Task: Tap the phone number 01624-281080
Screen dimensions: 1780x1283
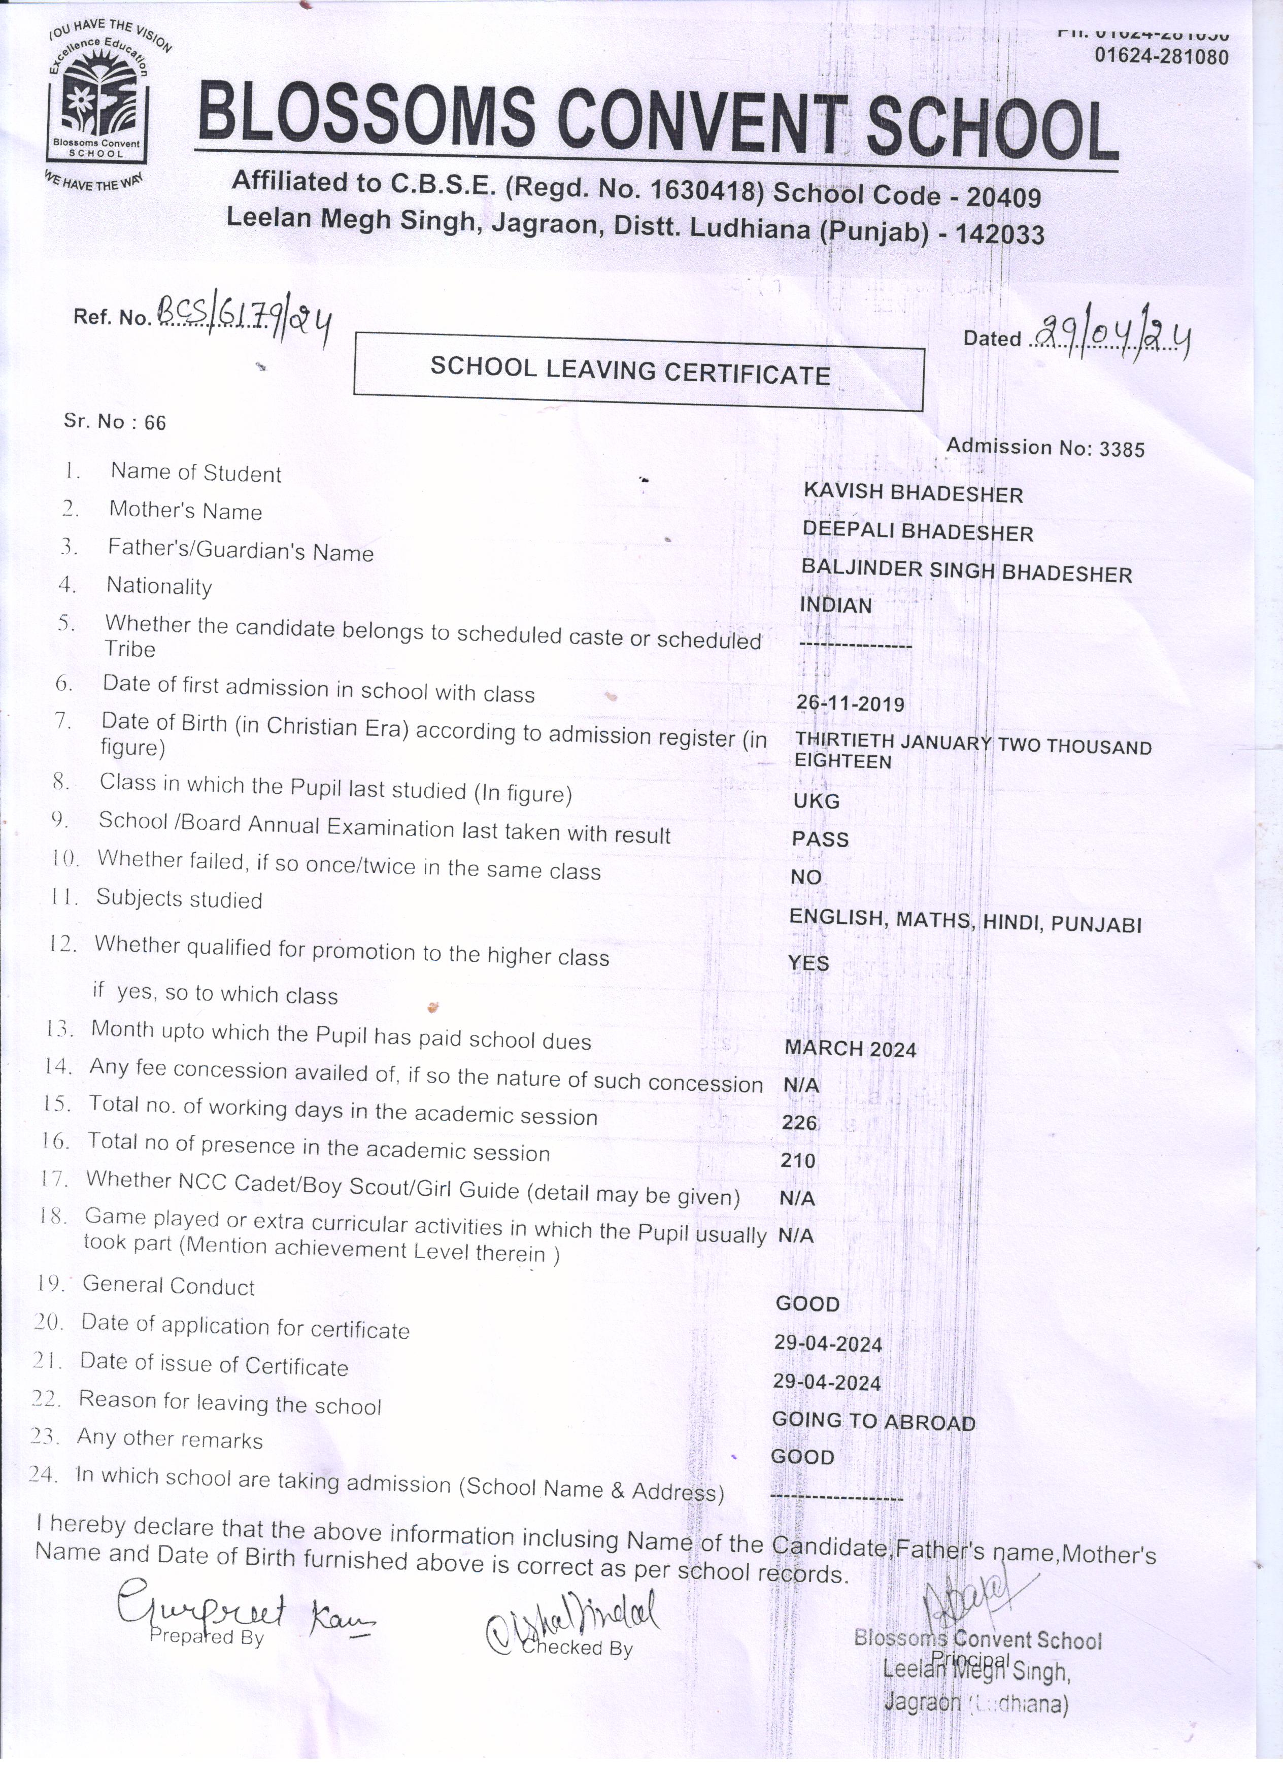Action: (x=1161, y=56)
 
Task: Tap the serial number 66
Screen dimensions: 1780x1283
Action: (x=155, y=423)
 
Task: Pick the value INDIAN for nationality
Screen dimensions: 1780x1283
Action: (x=836, y=605)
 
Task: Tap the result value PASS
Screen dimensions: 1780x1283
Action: (x=820, y=839)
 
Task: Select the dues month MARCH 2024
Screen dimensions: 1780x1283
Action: (x=851, y=1049)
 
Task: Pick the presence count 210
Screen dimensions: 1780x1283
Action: (x=798, y=1160)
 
